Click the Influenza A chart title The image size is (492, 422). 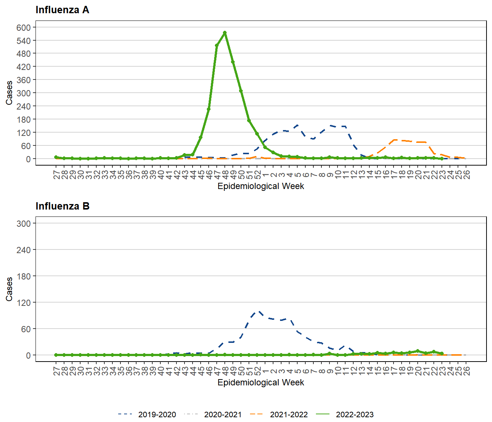62,10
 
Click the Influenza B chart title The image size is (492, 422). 62,206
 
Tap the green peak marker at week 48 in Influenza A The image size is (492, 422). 225,33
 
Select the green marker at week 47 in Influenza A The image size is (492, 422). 217,45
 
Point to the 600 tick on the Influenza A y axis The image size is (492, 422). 23,27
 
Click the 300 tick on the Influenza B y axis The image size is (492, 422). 23,223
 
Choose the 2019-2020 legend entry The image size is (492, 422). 148,414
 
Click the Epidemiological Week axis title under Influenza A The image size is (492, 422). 261,186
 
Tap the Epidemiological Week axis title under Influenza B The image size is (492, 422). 261,382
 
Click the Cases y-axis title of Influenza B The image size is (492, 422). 9,289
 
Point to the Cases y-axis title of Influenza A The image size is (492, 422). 9,93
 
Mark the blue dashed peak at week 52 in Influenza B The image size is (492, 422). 258,311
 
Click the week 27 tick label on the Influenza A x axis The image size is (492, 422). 56,174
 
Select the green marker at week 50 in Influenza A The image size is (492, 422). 241,91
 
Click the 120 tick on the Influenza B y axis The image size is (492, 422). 23,303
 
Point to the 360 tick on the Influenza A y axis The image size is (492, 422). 23,80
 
